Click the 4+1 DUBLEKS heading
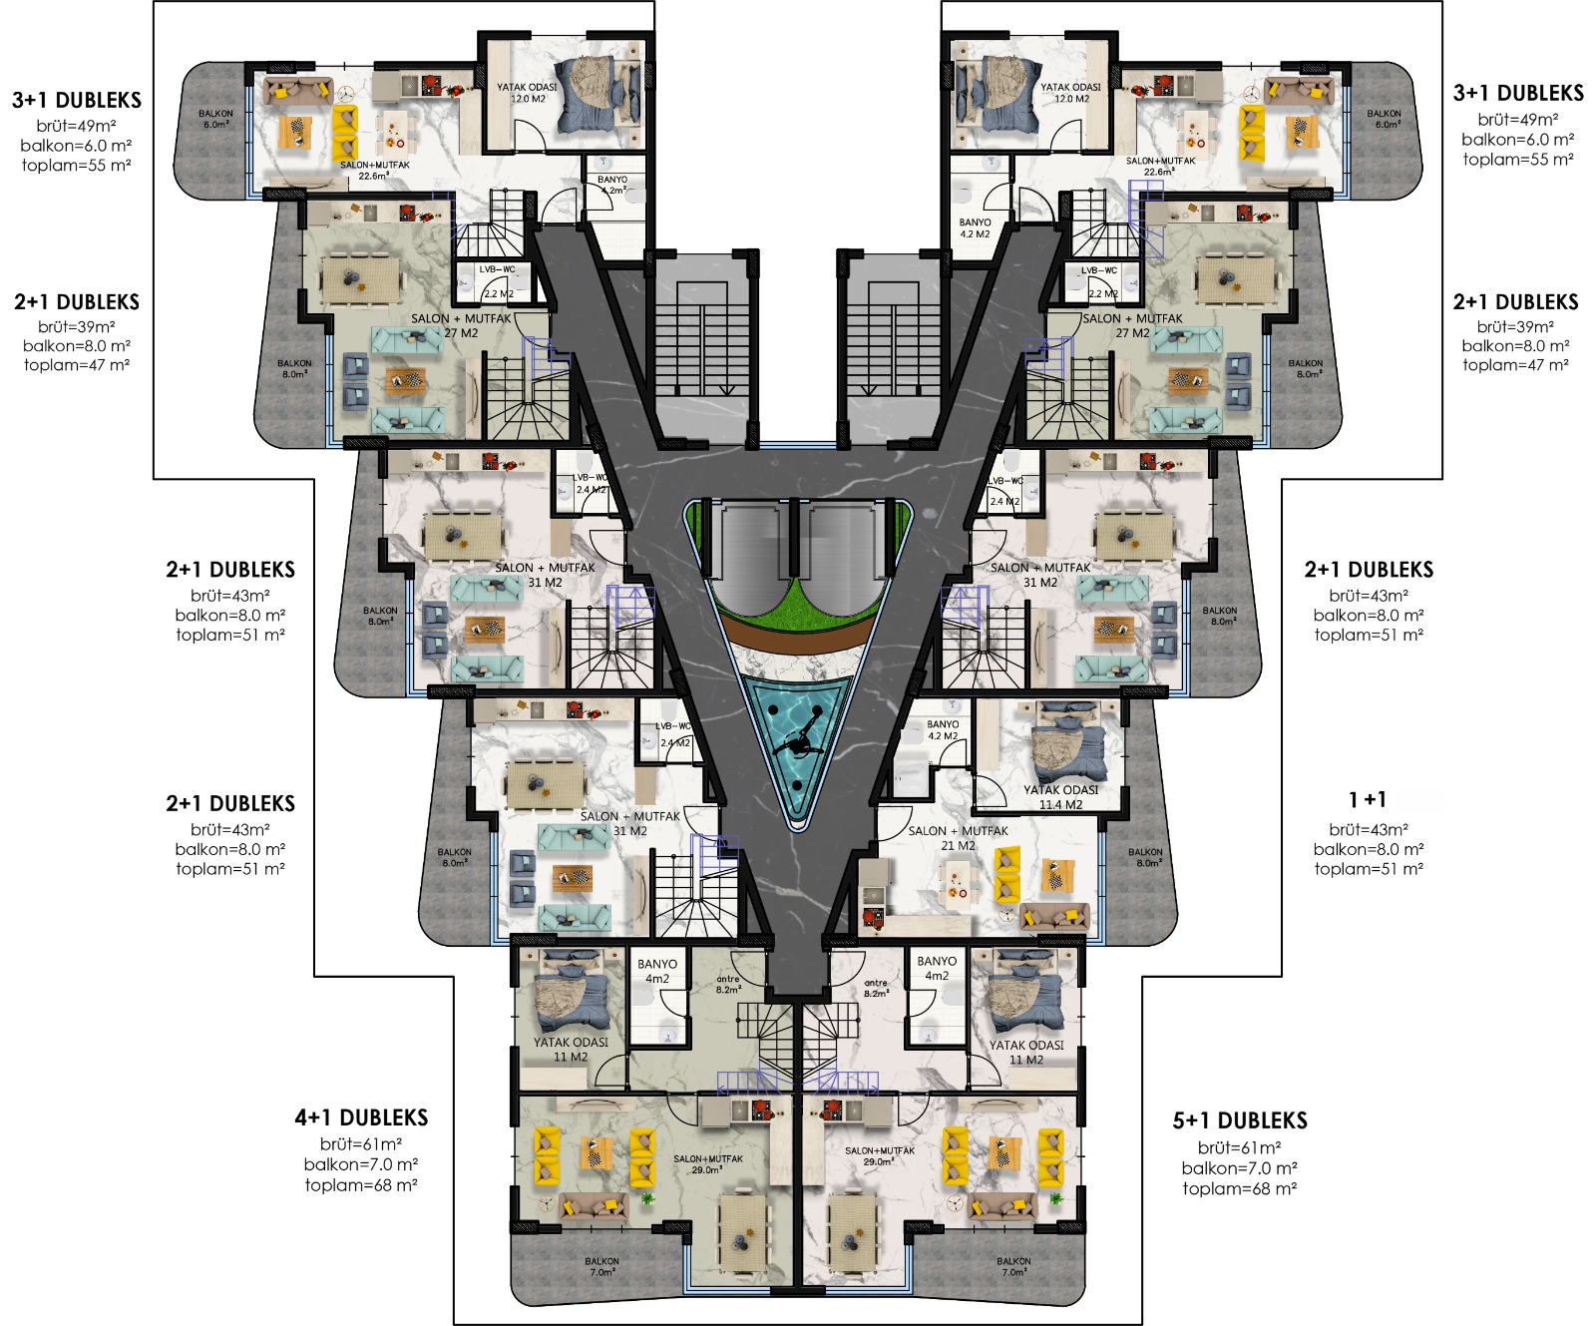361,1117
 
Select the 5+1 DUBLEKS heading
1240,1120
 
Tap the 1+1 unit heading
1368,800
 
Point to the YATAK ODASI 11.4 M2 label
1060,796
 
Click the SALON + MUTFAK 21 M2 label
958,837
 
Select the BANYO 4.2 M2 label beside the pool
943,730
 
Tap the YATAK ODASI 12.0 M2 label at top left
527,93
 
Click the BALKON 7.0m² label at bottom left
602,1266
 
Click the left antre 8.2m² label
728,984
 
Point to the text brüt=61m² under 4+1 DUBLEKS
361,1144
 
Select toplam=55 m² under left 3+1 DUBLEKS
77,166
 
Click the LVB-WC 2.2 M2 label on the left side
498,281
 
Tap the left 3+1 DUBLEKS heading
77,100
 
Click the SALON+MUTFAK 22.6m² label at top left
374,170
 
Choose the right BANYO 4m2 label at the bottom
937,968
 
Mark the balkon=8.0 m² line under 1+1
1369,849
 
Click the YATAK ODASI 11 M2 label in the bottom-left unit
571,1049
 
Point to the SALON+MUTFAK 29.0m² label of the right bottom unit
879,1155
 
